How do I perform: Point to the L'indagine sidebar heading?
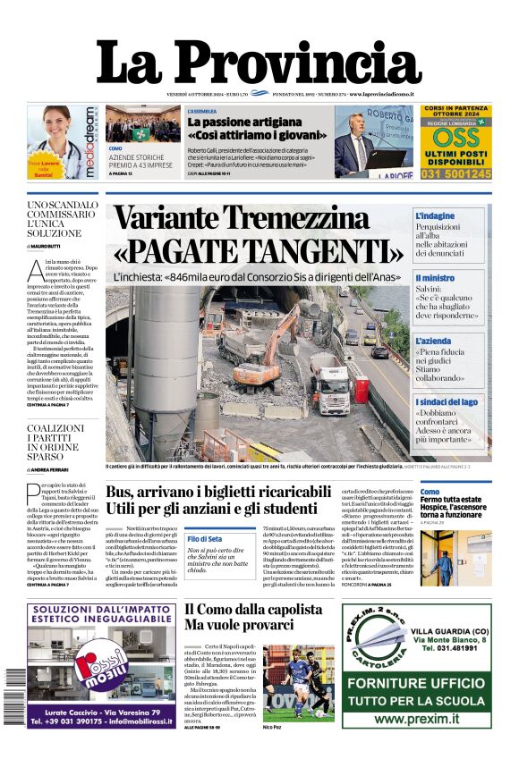[x=435, y=216]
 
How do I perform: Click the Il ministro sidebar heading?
[x=435, y=278]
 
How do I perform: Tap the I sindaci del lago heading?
[x=447, y=402]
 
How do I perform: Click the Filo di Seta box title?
[x=204, y=539]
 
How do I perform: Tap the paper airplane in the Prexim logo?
[x=377, y=642]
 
